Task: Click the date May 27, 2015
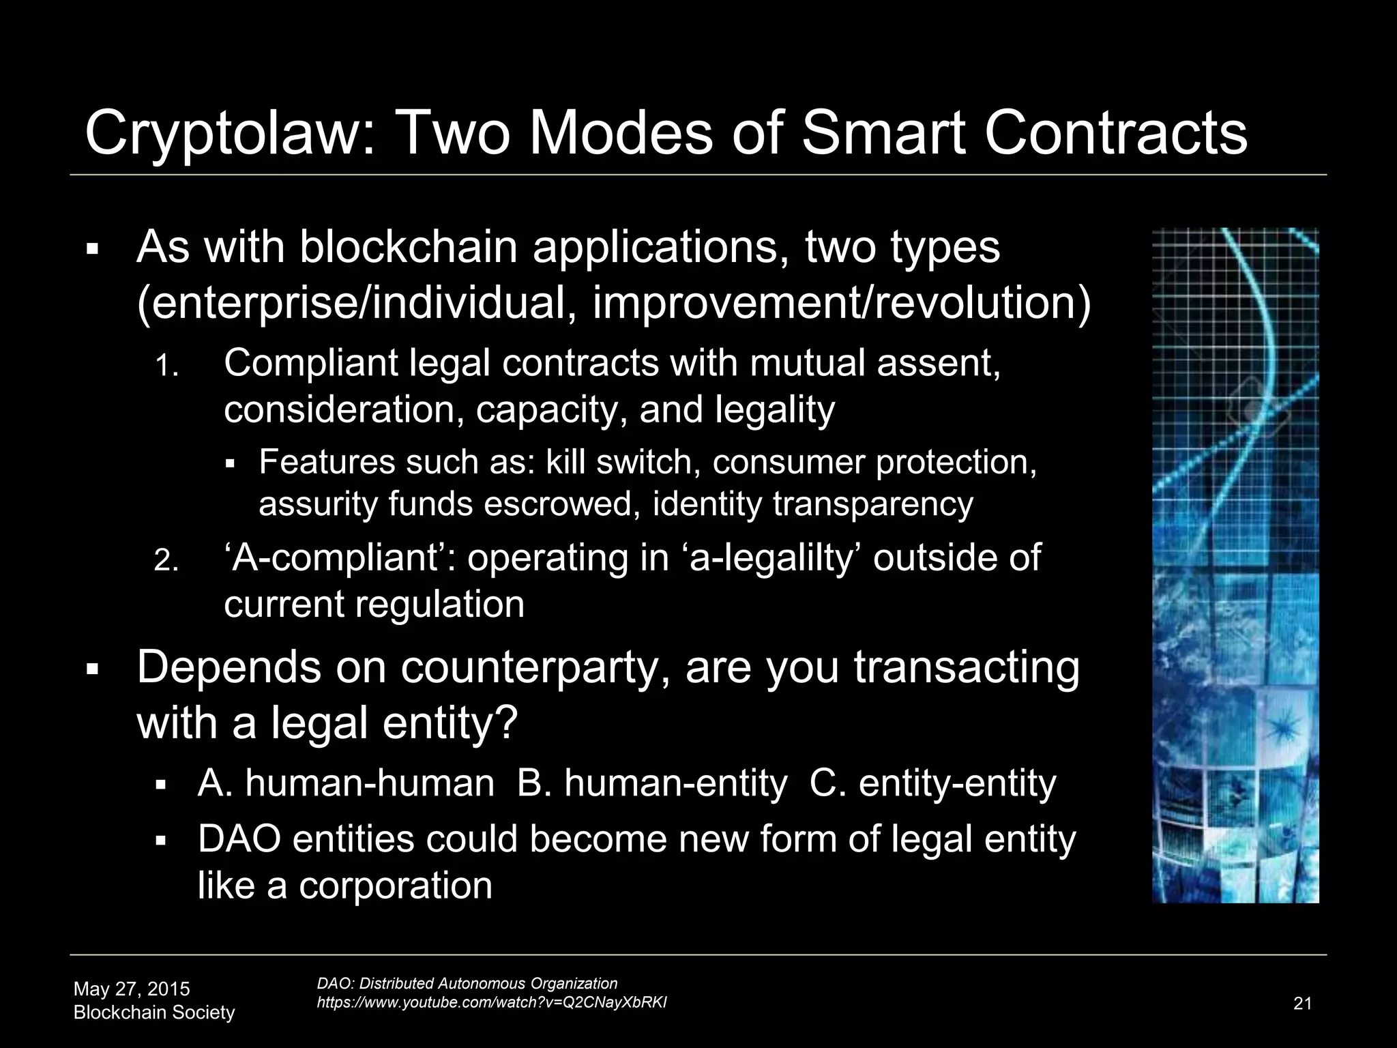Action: (132, 989)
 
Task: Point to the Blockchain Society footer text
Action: (154, 1013)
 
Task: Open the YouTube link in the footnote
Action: (492, 1002)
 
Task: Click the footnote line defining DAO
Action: (467, 983)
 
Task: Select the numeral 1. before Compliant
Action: (166, 368)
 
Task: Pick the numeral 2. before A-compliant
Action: (166, 562)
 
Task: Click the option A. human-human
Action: (346, 783)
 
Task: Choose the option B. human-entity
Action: (651, 783)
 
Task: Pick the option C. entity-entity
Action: (932, 783)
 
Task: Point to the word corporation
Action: (395, 886)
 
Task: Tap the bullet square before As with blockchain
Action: (93, 248)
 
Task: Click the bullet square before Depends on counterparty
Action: (93, 669)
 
